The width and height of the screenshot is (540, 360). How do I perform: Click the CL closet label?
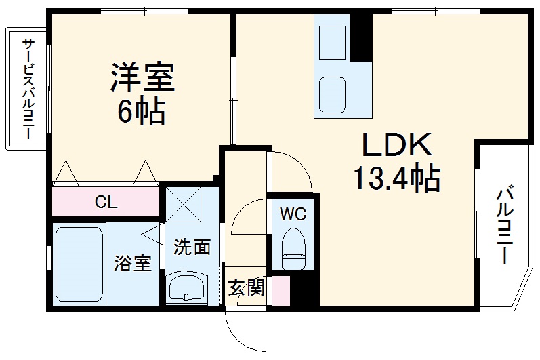tap(106, 202)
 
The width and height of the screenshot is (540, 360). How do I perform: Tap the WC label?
tap(293, 214)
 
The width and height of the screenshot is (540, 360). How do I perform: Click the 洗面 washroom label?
tap(192, 247)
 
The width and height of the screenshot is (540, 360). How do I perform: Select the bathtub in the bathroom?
tap(79, 265)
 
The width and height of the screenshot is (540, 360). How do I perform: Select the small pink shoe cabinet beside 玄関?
tap(281, 289)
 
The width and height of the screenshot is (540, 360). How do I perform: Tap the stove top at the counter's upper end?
tap(331, 38)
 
